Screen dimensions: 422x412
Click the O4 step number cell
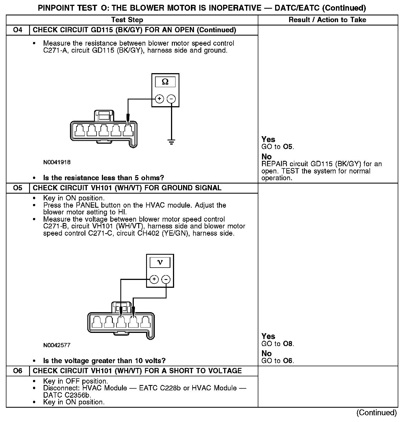[x=18, y=30]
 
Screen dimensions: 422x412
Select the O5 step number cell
[x=18, y=188]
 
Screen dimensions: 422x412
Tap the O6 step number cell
[x=18, y=371]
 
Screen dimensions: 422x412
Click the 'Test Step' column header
[x=127, y=20]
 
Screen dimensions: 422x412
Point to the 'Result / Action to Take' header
[x=327, y=20]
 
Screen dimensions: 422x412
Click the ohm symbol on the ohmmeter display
[x=165, y=82]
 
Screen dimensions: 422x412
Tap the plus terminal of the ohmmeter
[x=159, y=99]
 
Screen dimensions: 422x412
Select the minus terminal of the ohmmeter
[x=171, y=99]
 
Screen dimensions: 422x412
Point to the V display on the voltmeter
[x=160, y=262]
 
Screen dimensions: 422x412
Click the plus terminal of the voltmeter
[x=154, y=279]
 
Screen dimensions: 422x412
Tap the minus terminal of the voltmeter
[x=166, y=279]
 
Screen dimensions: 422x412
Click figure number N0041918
[x=57, y=162]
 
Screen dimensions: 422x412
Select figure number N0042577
[x=57, y=345]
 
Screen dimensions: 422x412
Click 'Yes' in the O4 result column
[x=268, y=139]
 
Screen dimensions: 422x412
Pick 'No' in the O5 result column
[x=266, y=353]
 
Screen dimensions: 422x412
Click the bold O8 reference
[x=288, y=344]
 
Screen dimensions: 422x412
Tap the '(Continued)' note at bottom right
[x=376, y=412]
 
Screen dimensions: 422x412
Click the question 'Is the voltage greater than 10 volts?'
[x=104, y=361]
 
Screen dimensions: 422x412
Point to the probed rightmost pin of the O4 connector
[x=128, y=130]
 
